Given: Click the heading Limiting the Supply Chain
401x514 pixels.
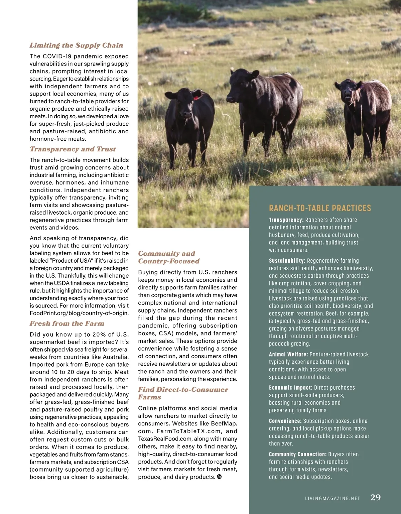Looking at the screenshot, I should pyautogui.click(x=76, y=45).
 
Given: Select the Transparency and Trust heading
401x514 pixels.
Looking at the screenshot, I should pyautogui.click(x=73, y=149).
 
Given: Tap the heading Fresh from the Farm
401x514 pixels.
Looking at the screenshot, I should pyautogui.click(x=67, y=324).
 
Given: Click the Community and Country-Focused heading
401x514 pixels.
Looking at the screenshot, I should pyautogui.click(x=169, y=257).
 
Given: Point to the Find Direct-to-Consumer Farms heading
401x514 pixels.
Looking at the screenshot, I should pyautogui.click(x=183, y=393).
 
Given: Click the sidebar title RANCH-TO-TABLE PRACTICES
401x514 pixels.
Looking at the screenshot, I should pyautogui.click(x=320, y=208).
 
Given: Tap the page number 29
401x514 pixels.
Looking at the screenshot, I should pyautogui.click(x=375, y=497).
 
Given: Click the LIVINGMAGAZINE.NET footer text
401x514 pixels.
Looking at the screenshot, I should pyautogui.click(x=332, y=498).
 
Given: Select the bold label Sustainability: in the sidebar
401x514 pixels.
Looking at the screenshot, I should pyautogui.click(x=287, y=261).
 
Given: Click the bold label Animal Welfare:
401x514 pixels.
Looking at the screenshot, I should pyautogui.click(x=288, y=354).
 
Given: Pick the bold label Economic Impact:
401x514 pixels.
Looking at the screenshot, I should pyautogui.click(x=290, y=388).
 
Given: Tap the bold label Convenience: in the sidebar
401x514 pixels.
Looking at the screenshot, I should pyautogui.click(x=285, y=421).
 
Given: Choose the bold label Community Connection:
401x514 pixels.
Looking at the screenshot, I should pyautogui.click(x=297, y=455).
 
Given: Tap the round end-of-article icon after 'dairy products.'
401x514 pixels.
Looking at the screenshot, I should pyautogui.click(x=219, y=477).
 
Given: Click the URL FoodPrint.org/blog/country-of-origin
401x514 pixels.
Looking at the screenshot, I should pyautogui.click(x=79, y=313).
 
